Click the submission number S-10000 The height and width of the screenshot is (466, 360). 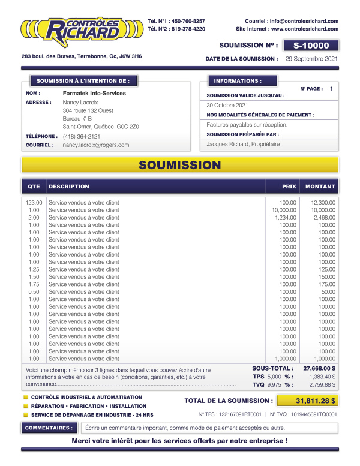(311, 45)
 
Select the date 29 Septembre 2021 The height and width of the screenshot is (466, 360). (311, 59)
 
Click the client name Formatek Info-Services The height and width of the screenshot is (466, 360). (94, 94)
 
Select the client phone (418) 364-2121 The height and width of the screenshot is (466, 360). (82, 136)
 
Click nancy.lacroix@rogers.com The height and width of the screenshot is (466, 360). (96, 145)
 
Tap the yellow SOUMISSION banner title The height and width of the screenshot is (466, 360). (180, 165)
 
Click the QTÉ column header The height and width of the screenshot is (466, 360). (34, 187)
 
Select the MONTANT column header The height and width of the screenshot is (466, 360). (320, 187)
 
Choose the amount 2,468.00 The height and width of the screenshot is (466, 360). (323, 218)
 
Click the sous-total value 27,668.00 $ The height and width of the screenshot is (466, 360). (319, 368)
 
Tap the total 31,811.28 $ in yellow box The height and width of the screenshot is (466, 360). (315, 401)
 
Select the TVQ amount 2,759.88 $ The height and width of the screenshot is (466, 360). (322, 385)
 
